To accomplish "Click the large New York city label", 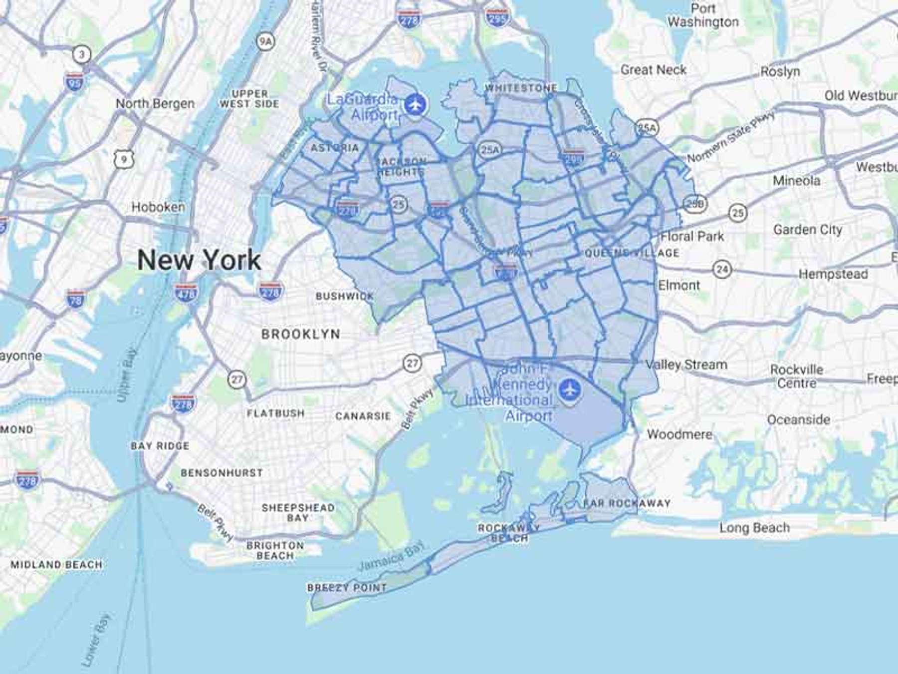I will point(199,260).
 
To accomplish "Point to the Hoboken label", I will point(158,207).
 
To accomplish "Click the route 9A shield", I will point(266,42).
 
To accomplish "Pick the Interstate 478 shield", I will point(186,293).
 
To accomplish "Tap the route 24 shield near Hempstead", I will point(722,270).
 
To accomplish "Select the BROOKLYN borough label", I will point(301,334).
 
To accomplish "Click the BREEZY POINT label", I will point(347,588).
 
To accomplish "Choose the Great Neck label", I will point(653,70).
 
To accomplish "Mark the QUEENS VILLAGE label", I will point(632,253).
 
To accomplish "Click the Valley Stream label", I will point(686,364).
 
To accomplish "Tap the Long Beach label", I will point(754,528).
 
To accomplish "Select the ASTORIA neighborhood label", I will point(334,148).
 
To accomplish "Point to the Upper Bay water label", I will point(127,374).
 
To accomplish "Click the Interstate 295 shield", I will point(497,18).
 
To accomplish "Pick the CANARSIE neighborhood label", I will point(363,416).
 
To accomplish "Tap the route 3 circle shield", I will point(82,54).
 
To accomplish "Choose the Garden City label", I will point(808,230).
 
